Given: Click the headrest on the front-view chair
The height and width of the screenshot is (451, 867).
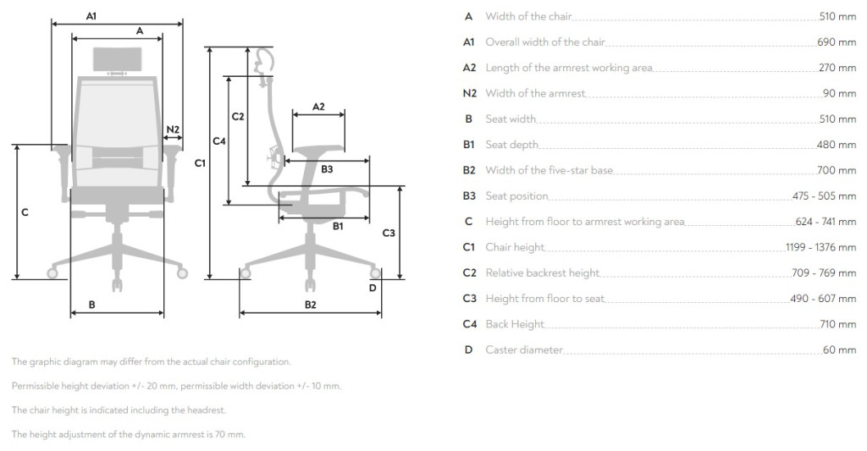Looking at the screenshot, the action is point(117,59).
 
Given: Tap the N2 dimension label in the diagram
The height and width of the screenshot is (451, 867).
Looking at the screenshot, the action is point(173,129).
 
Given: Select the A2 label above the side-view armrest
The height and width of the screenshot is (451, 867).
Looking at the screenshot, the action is point(318,107).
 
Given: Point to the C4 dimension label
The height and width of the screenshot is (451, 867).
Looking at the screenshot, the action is point(219,141).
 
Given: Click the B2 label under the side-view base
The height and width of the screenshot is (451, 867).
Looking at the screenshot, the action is point(310,305).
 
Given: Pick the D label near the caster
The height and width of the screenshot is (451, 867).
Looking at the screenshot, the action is point(373,288).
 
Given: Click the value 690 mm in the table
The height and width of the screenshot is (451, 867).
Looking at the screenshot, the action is point(837,42).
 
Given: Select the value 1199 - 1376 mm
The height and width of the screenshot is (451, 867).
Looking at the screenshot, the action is point(820,247).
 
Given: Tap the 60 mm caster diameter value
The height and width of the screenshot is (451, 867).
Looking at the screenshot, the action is point(839,349).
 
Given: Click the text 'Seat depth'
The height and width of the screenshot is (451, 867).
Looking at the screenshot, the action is point(512,145).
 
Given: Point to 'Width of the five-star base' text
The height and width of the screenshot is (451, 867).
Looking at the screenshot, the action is point(549,170).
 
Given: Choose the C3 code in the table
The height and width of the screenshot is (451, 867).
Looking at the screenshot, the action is point(469,299).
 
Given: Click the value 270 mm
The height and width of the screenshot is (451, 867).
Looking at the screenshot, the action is point(837,68).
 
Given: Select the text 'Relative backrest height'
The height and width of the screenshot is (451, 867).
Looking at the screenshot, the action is point(543,273).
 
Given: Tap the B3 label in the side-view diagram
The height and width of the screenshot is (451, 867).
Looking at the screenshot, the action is point(327,169).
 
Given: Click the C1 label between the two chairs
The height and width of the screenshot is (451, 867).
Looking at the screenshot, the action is point(200,163).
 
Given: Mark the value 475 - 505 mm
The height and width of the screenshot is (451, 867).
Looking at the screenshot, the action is point(824,195).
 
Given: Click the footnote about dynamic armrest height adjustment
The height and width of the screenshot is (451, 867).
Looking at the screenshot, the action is point(129,434).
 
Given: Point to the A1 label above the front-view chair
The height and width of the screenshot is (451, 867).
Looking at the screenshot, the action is point(91,17).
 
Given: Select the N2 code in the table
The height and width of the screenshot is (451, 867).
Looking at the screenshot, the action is point(469,93).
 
